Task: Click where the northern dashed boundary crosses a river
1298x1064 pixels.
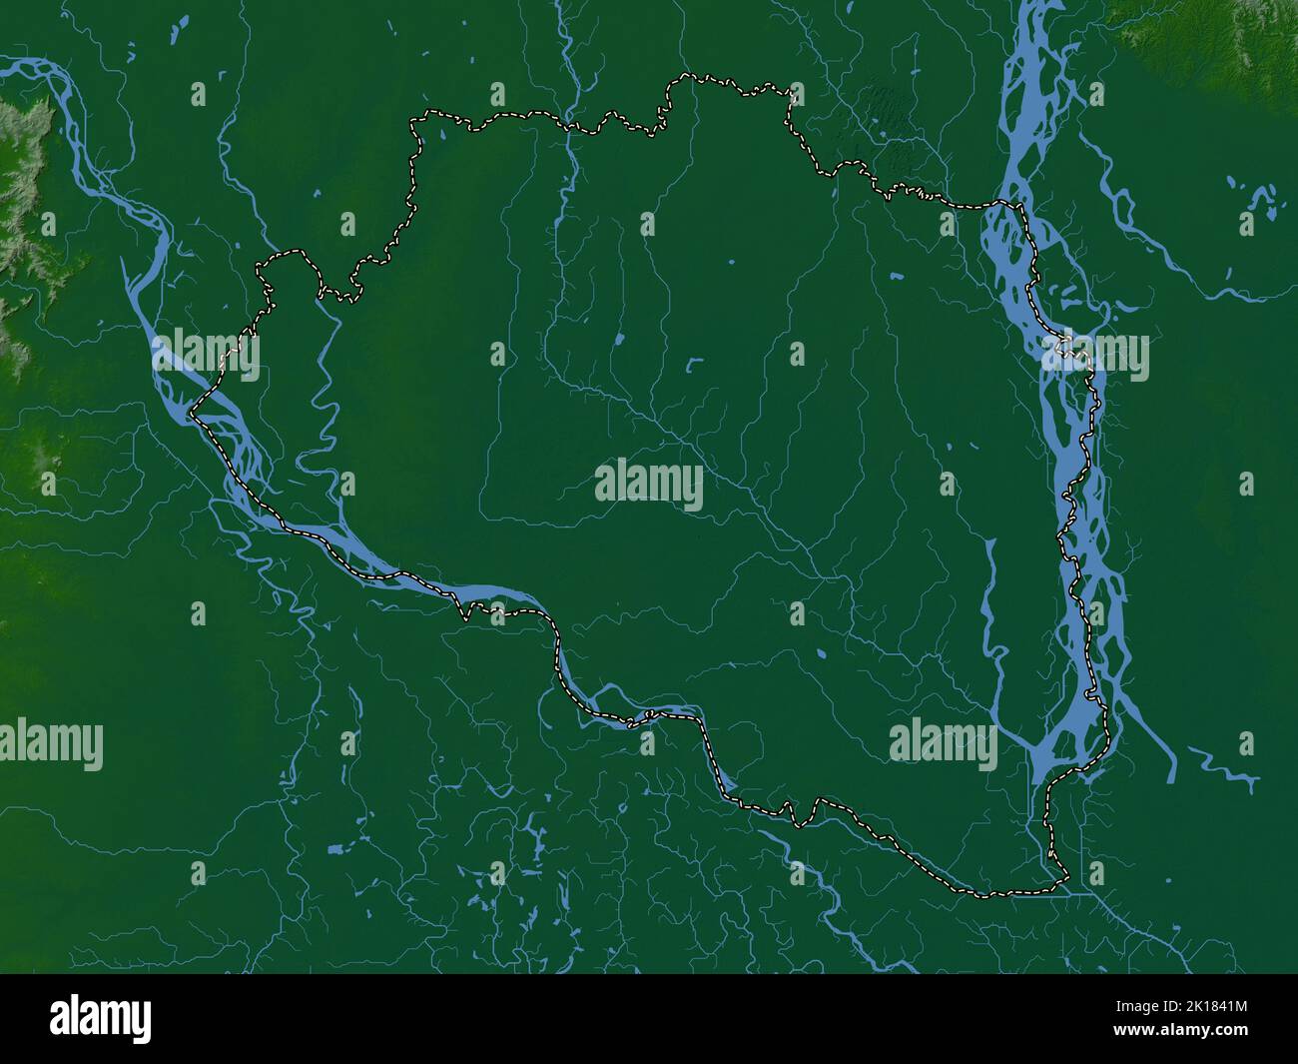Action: tap(568, 125)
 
